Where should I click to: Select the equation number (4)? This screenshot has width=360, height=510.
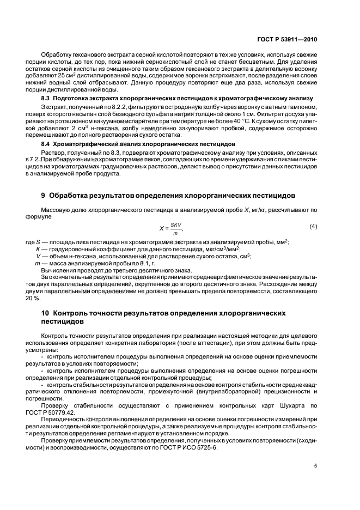pyautogui.click(x=313, y=226)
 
